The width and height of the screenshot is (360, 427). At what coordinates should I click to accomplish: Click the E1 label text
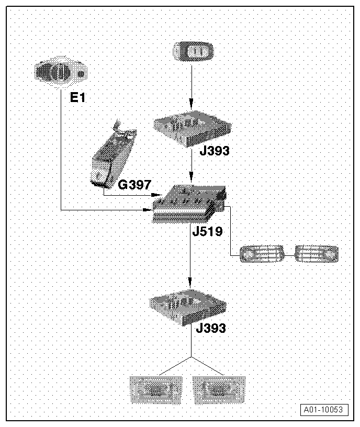77,97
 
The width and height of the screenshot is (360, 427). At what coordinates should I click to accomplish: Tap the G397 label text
134,185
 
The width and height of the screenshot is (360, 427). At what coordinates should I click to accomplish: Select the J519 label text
208,231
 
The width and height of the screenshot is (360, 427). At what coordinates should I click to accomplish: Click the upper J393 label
215,151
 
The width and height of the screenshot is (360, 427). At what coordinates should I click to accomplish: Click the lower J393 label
211,328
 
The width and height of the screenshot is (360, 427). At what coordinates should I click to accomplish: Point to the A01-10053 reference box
324,410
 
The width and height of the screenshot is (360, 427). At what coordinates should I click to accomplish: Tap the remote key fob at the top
193,51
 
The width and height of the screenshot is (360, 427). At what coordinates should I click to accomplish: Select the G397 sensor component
114,154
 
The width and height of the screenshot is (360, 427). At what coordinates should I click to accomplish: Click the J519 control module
189,204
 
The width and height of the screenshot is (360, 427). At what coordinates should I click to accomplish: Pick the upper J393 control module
192,129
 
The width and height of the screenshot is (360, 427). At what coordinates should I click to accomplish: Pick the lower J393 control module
188,308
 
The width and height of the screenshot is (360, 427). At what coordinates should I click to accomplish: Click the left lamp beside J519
262,254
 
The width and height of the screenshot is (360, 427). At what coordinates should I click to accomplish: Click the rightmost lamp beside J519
317,254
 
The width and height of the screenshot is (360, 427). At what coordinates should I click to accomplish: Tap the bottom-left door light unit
156,390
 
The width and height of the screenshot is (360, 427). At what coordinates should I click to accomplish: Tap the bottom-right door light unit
219,390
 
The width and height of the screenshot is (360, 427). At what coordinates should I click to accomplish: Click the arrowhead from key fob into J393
192,104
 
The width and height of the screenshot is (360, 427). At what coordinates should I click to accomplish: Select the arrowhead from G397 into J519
156,195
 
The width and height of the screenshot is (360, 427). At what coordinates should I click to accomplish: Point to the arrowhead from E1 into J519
148,210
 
